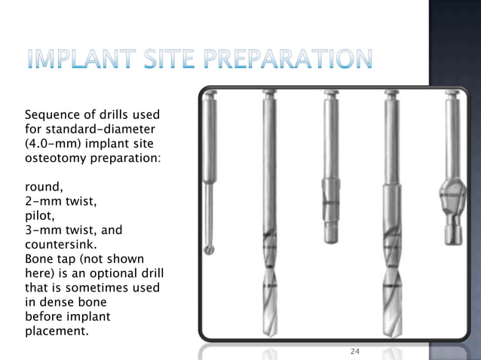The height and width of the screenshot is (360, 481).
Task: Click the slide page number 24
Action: pos(357,352)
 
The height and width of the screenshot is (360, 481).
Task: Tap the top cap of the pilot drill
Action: pos(329,96)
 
